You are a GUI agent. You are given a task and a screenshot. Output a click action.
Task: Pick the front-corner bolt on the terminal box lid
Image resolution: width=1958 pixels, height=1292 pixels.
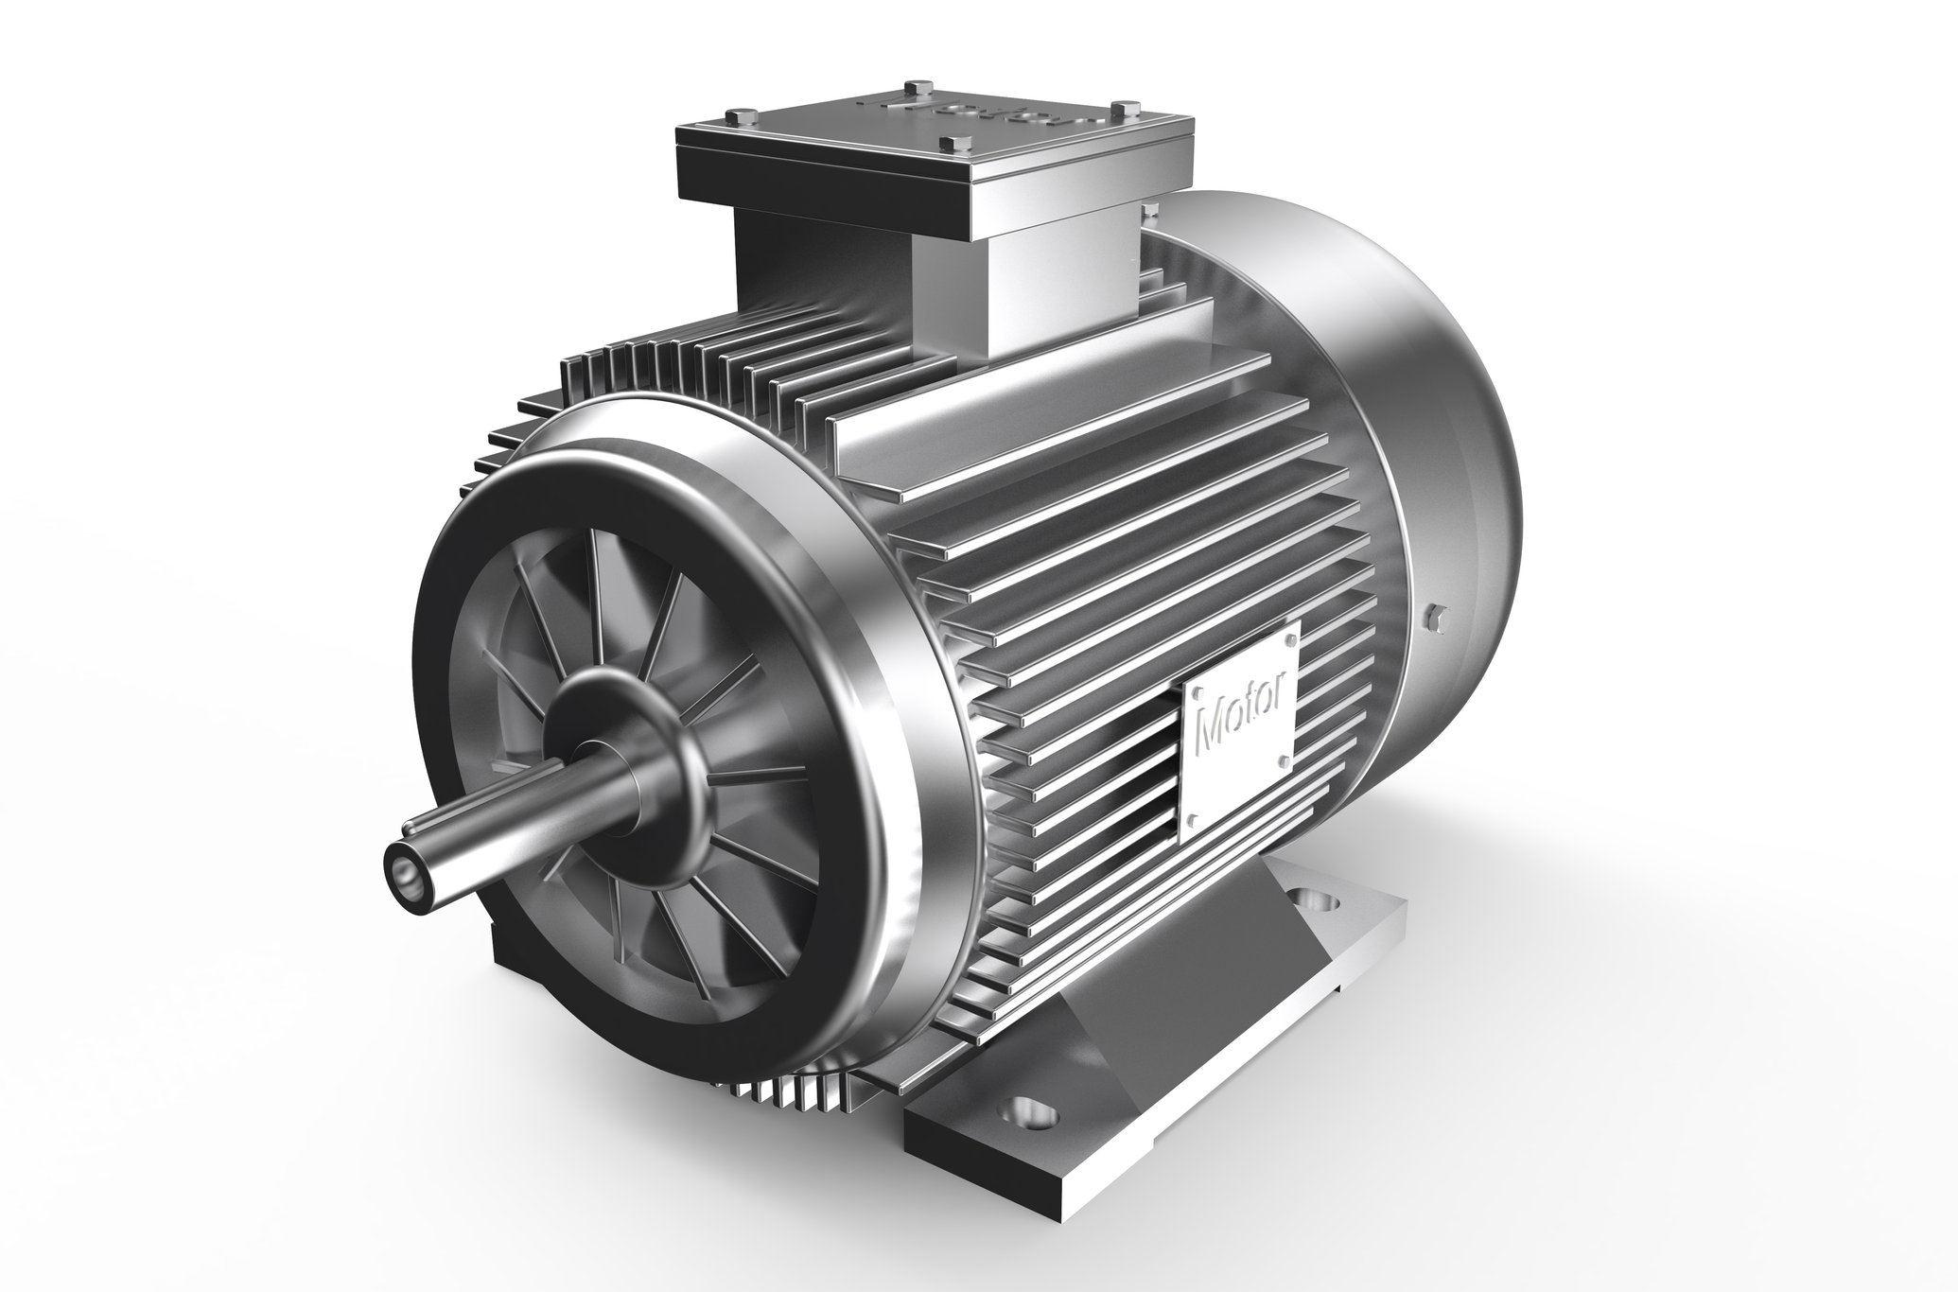(x=950, y=145)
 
